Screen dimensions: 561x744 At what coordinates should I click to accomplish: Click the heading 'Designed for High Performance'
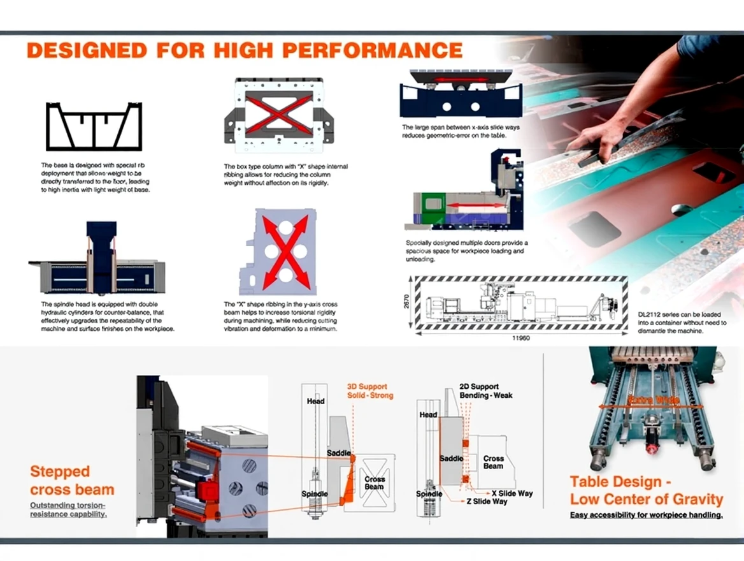point(244,50)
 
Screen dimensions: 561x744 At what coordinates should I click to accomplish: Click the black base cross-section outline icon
point(94,126)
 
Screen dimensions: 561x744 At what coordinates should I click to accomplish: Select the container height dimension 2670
point(406,302)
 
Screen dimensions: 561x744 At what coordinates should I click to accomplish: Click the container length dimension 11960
point(520,337)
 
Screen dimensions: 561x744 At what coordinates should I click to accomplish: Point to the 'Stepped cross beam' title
point(72,481)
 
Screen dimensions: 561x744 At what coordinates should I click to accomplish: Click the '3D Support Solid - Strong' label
point(369,391)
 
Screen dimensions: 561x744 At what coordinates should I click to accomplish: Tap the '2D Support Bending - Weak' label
point(485,391)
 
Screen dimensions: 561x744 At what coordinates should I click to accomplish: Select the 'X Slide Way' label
point(511,493)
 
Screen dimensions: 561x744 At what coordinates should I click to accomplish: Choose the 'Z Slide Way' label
point(487,502)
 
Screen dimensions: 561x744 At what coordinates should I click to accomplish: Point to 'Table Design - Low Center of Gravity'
point(646,490)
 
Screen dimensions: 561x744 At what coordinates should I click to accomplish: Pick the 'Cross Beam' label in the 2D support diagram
point(494,462)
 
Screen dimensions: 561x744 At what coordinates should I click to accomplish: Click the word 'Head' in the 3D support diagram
point(315,401)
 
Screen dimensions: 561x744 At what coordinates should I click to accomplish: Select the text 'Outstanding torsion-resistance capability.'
point(68,509)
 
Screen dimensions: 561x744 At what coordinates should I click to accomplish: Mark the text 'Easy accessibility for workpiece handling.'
point(646,514)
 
